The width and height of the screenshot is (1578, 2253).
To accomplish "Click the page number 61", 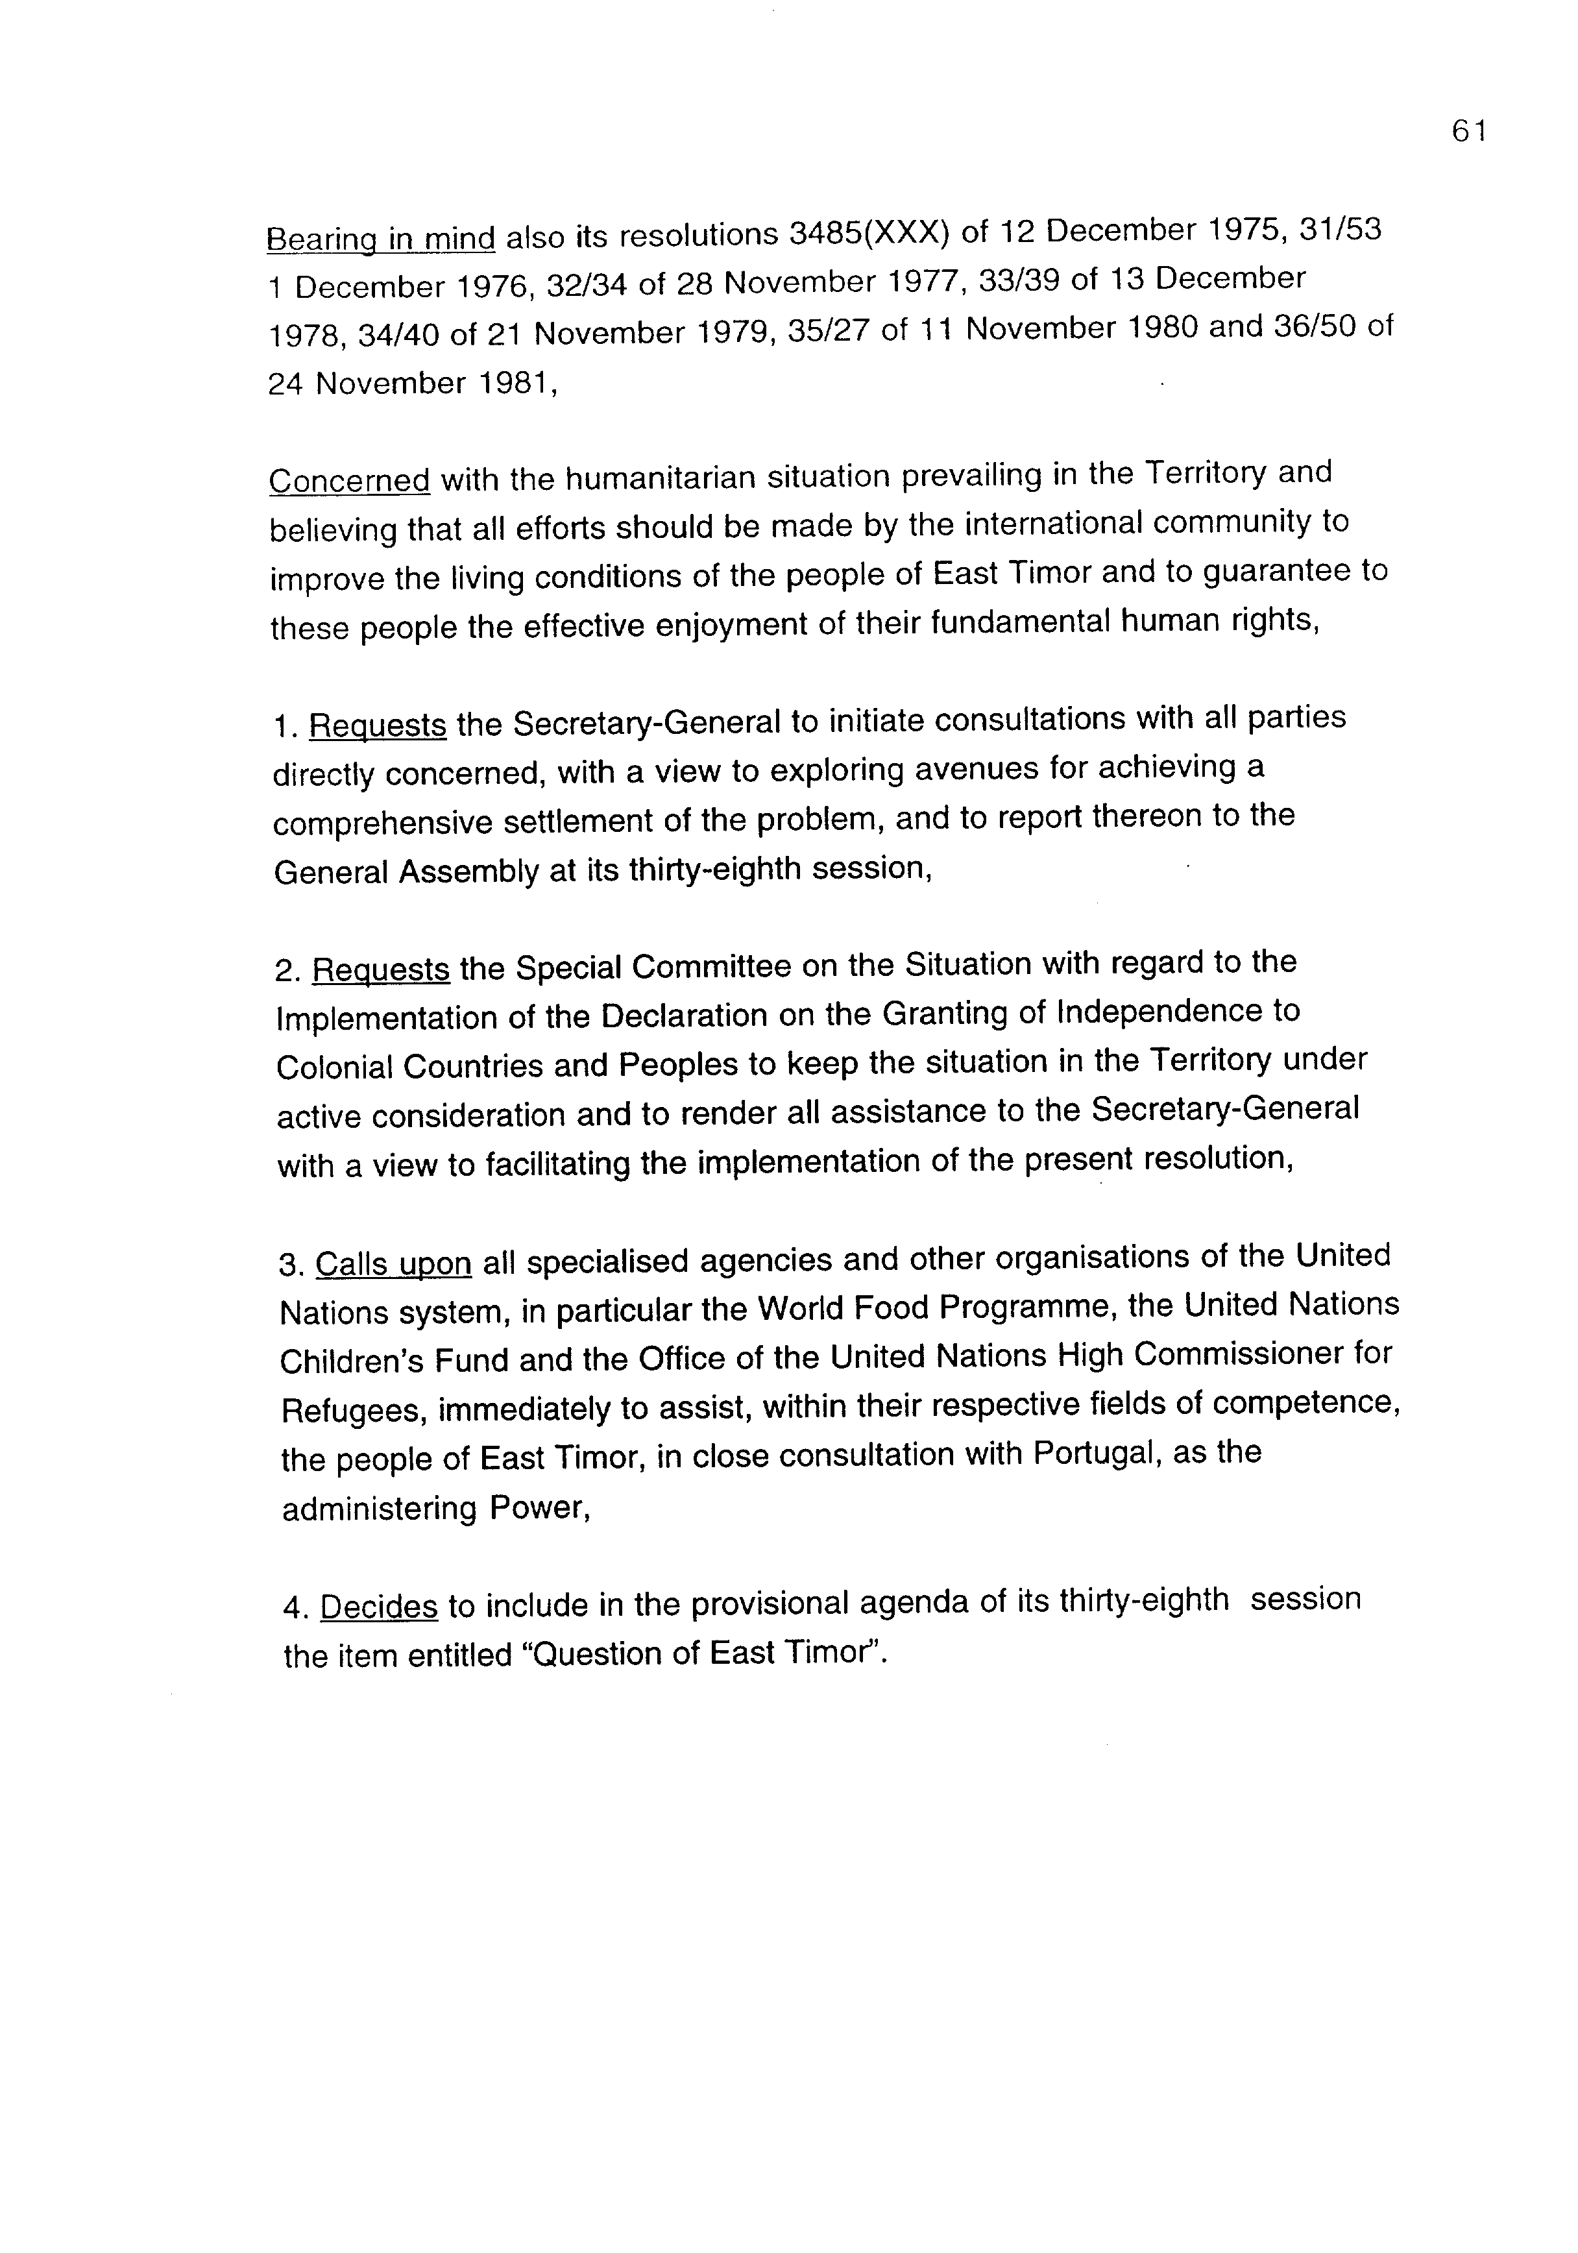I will click(1468, 132).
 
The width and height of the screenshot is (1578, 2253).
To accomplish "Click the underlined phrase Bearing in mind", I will click(381, 238).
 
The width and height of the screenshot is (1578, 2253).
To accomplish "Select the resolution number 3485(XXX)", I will click(869, 234).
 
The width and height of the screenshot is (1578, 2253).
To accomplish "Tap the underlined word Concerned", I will click(349, 481).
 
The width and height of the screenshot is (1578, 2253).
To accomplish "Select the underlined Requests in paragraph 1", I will click(378, 725).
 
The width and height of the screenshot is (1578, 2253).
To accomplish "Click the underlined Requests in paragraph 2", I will click(381, 969).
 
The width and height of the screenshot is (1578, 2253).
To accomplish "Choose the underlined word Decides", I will click(379, 1606).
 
